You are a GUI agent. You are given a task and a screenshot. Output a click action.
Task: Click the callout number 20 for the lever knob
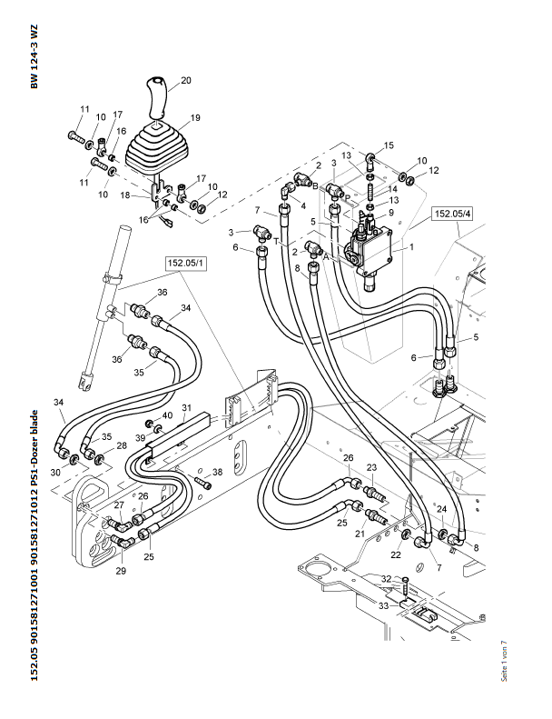[x=185, y=81]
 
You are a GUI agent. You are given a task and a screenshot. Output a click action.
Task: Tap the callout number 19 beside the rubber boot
[x=194, y=118]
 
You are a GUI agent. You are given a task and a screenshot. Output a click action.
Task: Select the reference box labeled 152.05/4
[x=451, y=215]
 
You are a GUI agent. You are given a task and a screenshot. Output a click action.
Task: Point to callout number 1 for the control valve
[x=411, y=246]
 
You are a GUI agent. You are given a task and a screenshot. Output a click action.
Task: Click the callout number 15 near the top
[x=389, y=145]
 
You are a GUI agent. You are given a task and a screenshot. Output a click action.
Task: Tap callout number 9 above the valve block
[x=391, y=213]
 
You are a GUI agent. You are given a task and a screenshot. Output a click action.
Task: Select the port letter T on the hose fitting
[x=277, y=241]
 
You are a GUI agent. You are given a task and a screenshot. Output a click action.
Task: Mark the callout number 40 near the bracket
[x=167, y=415]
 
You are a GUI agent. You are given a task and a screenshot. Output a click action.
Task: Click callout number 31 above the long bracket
[x=186, y=407]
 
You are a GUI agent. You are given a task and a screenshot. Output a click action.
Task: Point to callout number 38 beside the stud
[x=217, y=472]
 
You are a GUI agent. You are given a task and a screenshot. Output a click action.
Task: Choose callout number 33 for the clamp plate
[x=384, y=604]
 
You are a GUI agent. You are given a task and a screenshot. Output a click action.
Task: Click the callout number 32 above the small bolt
[x=385, y=579]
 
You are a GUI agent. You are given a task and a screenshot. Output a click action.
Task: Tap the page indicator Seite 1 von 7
[x=505, y=659]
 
